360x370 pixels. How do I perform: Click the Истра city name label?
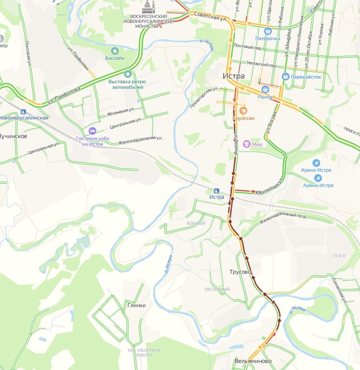(233, 76)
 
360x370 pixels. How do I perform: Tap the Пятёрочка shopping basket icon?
(268, 31)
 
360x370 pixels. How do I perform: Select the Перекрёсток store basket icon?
(285, 77)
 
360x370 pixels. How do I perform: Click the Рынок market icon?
(266, 89)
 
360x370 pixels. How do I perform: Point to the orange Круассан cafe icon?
(243, 110)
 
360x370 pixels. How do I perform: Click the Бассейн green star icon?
(115, 51)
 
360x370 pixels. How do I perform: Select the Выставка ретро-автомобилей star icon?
(127, 74)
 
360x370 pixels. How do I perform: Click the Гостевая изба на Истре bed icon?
(92, 131)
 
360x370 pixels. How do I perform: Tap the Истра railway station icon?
(217, 191)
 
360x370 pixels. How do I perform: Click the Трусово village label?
(240, 272)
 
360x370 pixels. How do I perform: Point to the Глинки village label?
(137, 305)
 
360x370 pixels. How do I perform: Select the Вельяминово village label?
(253, 361)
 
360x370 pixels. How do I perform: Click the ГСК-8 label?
(339, 256)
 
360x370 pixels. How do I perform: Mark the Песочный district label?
(217, 289)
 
